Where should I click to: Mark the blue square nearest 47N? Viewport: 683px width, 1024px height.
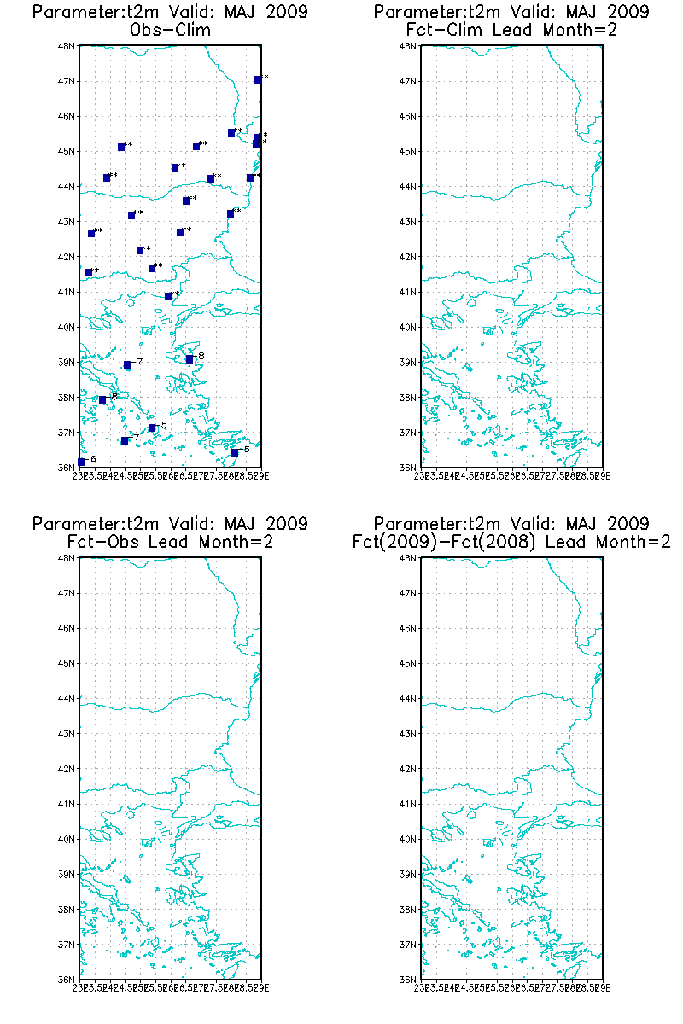pos(258,80)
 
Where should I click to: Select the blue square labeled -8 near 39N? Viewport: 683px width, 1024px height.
pos(190,359)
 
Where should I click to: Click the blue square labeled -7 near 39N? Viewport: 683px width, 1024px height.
pos(127,365)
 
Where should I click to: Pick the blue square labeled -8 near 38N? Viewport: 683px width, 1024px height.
pos(102,399)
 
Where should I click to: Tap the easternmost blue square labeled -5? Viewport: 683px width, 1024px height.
pos(235,452)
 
